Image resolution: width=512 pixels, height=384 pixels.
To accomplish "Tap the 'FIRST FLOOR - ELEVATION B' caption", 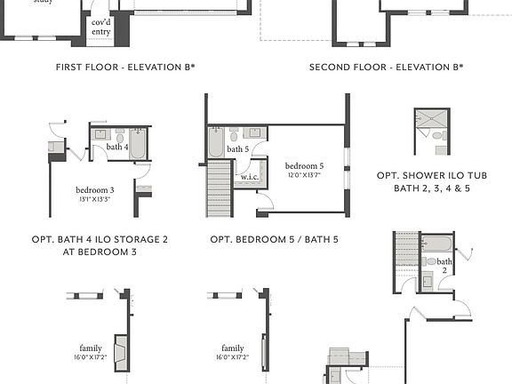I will pyautogui.click(x=125, y=67).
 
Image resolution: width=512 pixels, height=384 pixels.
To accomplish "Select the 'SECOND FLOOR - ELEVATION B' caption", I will pyautogui.click(x=386, y=67).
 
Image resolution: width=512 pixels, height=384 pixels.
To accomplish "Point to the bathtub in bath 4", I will pyautogui.click(x=139, y=144).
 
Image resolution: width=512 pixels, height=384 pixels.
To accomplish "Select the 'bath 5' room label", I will pyautogui.click(x=238, y=148).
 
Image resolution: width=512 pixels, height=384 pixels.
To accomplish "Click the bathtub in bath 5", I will pyautogui.click(x=217, y=142).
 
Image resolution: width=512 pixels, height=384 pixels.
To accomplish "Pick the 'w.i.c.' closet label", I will pyautogui.click(x=250, y=176).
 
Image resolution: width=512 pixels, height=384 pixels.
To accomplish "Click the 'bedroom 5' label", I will pyautogui.click(x=304, y=165).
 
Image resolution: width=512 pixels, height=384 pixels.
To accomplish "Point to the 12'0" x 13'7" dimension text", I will pyautogui.click(x=304, y=174).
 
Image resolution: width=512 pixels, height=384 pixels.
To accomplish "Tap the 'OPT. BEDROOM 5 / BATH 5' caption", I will pyautogui.click(x=274, y=239).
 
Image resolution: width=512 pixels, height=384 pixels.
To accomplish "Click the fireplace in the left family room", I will pyautogui.click(x=121, y=346).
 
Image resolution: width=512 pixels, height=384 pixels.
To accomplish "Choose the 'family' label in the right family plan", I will pyautogui.click(x=233, y=348).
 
